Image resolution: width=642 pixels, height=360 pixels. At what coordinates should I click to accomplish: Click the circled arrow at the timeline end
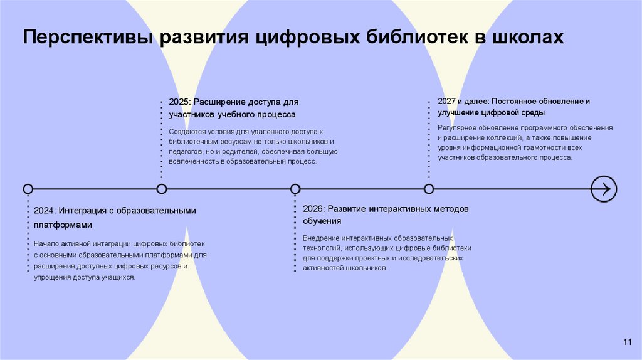[604, 189]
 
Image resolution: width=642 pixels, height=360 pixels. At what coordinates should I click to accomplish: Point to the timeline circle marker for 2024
[28, 189]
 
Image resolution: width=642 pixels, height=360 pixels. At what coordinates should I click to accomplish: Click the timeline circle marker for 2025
[162, 189]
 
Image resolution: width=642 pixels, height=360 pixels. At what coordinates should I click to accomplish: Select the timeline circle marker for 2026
[295, 189]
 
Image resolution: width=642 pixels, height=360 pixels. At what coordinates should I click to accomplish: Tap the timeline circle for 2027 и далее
[429, 189]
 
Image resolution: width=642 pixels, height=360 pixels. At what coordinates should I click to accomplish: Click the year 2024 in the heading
[45, 211]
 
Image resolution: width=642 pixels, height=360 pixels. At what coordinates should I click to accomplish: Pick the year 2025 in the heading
[179, 102]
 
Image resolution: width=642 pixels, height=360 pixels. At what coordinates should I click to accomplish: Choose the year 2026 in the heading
[313, 208]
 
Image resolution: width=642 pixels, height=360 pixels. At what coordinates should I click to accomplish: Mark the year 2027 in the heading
[446, 100]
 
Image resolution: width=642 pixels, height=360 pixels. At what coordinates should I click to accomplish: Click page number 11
[628, 341]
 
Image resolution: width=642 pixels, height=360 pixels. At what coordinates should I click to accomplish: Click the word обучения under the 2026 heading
[322, 221]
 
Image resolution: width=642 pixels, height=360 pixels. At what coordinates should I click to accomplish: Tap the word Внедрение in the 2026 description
[320, 238]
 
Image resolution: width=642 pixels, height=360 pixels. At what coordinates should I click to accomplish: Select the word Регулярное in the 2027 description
[457, 128]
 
